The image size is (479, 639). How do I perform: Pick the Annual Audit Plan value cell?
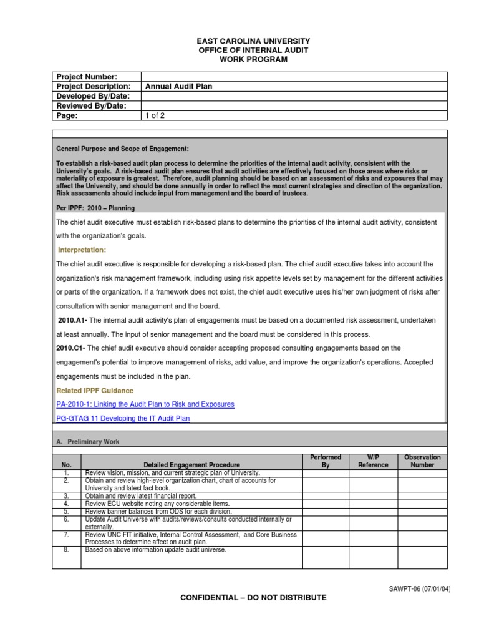[x=179, y=87]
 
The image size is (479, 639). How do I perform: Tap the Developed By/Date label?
[x=93, y=96]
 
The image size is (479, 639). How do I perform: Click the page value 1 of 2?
[x=156, y=115]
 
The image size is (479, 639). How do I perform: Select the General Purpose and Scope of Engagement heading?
[x=122, y=149]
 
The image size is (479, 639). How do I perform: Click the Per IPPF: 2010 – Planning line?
[x=95, y=208]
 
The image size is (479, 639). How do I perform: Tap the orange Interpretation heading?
[x=82, y=250]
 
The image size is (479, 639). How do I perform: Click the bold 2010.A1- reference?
[x=72, y=320]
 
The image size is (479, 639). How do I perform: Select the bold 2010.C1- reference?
[x=72, y=348]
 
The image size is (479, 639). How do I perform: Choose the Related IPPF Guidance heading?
[x=95, y=391]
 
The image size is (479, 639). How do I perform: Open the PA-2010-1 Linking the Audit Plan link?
[x=145, y=404]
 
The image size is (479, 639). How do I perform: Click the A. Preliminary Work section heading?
[x=88, y=442]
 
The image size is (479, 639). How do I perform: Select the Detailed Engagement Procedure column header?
[x=191, y=465]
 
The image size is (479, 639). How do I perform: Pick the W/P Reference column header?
[x=373, y=461]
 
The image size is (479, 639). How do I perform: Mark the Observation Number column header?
[x=422, y=461]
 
